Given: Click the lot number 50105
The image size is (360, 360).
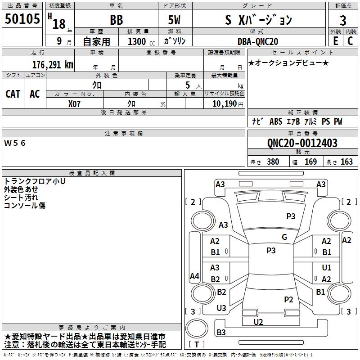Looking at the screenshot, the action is [x=22, y=19].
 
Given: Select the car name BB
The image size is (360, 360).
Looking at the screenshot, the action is [x=117, y=20].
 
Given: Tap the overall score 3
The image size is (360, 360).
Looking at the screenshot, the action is [x=343, y=20].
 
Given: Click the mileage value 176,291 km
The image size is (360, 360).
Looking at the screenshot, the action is [x=53, y=65].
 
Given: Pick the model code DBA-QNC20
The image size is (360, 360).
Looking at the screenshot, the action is [x=258, y=41].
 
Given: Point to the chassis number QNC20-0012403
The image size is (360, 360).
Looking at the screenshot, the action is [x=302, y=143].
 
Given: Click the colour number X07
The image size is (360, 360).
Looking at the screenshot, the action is [x=74, y=104].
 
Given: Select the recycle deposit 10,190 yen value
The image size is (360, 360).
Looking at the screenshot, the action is [x=228, y=104].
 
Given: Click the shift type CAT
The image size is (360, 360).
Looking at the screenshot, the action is [x=13, y=94].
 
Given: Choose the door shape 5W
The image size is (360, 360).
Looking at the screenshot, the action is [x=174, y=20].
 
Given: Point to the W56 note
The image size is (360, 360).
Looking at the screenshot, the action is [x=15, y=143].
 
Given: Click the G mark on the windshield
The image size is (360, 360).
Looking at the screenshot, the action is [x=284, y=237].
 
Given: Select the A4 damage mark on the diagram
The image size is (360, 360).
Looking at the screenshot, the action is [x=194, y=276].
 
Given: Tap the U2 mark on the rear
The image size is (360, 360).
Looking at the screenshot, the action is [x=258, y=322].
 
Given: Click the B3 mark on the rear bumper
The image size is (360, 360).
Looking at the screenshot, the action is [x=221, y=332].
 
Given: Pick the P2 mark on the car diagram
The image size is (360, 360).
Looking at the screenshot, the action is [x=288, y=299].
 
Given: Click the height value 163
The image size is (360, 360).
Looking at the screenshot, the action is [x=346, y=162].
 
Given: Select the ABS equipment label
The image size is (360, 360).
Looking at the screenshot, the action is [x=276, y=121].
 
